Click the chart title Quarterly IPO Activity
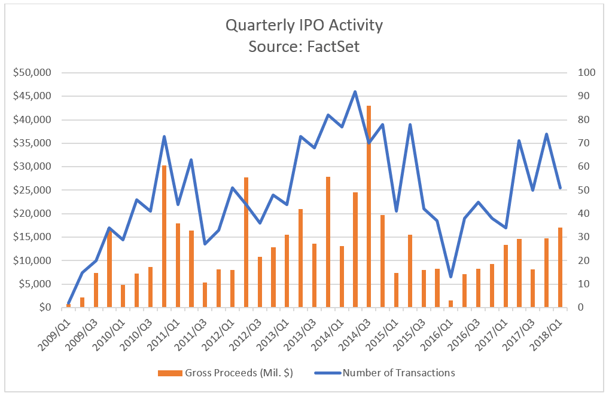[x=304, y=26]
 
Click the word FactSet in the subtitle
[x=332, y=46]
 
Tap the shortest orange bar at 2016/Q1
[x=450, y=303]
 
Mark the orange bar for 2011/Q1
[x=178, y=265]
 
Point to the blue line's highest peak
[x=355, y=92]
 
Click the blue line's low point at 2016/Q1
[x=450, y=277]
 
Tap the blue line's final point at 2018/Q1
[x=560, y=188]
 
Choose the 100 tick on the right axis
[x=585, y=73]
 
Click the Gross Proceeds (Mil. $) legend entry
[x=225, y=373]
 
